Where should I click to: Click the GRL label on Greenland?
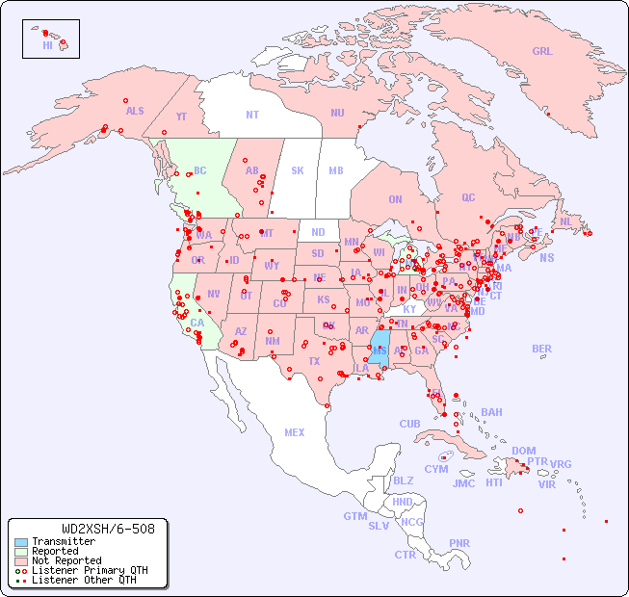pyautogui.click(x=542, y=52)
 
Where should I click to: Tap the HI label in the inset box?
pyautogui.click(x=47, y=45)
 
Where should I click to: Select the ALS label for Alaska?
pyautogui.click(x=135, y=112)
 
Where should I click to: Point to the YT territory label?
pyautogui.click(x=181, y=117)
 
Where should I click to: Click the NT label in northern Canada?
pyautogui.click(x=252, y=114)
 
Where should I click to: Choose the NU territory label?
pyautogui.click(x=337, y=113)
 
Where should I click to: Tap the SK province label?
pyautogui.click(x=298, y=170)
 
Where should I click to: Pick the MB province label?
pyautogui.click(x=336, y=170)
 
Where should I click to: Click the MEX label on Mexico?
pyautogui.click(x=295, y=432)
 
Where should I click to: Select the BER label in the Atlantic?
pyautogui.click(x=542, y=349)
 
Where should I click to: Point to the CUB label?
pyautogui.click(x=409, y=424)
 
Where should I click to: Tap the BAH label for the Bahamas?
pyautogui.click(x=491, y=412)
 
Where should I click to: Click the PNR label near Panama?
pyautogui.click(x=459, y=543)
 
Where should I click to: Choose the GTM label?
pyautogui.click(x=354, y=516)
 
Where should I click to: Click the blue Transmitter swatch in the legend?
pyautogui.click(x=21, y=542)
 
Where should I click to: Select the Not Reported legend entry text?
pyautogui.click(x=66, y=560)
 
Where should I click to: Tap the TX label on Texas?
pyautogui.click(x=314, y=362)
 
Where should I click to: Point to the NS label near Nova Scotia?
pyautogui.click(x=546, y=258)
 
